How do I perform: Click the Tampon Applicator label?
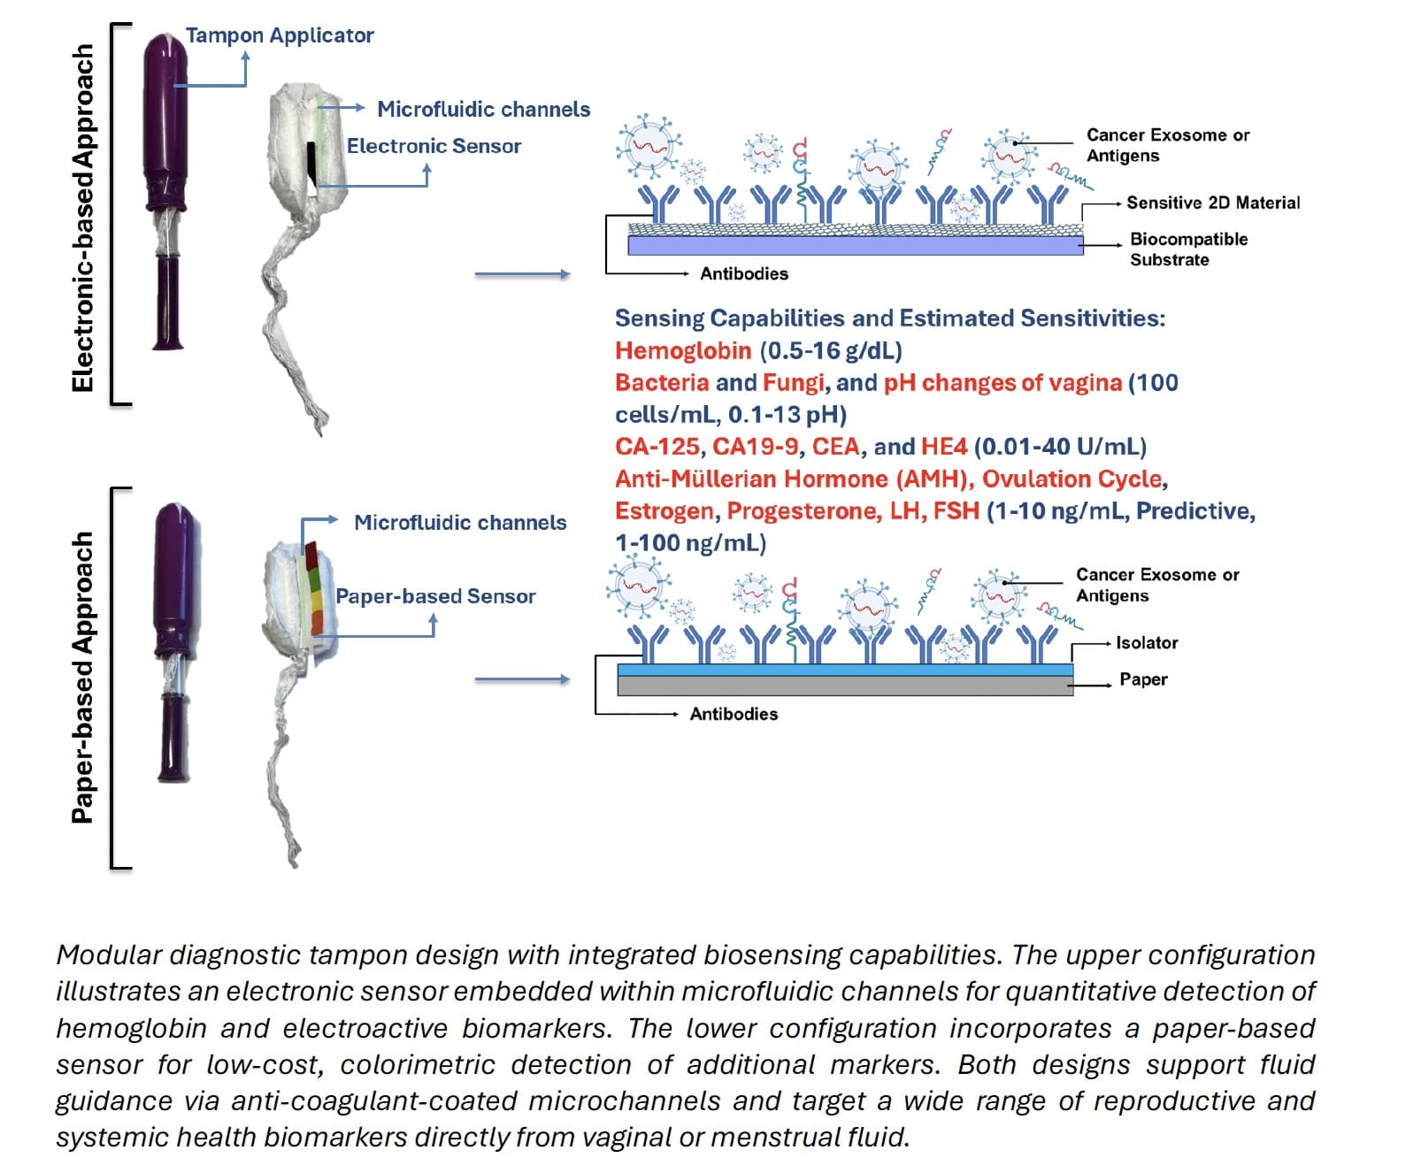point(279,35)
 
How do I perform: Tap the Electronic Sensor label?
point(434,146)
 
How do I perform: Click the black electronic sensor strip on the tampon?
point(313,167)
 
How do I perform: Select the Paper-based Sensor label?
point(435,596)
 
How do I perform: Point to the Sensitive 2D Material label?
point(1212,203)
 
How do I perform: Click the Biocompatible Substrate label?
point(1187,249)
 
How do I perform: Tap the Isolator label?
point(1146,643)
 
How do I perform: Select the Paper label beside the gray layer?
point(1142,679)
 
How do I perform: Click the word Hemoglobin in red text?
point(682,351)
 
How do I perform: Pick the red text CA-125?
point(657,447)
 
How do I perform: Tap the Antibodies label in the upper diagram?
point(743,274)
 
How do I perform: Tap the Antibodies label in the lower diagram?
point(734,714)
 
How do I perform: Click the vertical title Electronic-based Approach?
point(83,218)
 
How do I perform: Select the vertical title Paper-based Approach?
point(83,677)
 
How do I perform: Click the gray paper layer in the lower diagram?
point(844,686)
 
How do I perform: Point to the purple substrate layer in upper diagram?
point(855,245)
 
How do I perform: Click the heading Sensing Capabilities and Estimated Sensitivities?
point(889,318)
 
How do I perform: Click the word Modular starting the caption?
point(109,955)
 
